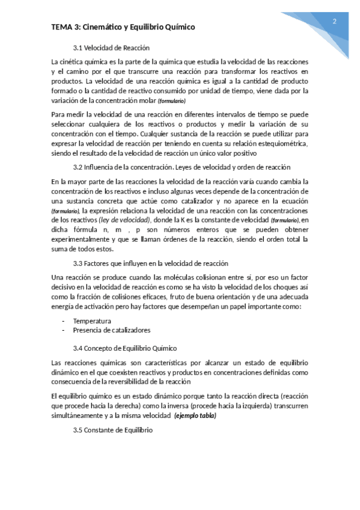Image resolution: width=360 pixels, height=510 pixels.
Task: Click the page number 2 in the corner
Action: tap(334, 22)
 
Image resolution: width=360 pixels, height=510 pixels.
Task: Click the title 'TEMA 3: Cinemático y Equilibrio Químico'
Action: tap(123, 27)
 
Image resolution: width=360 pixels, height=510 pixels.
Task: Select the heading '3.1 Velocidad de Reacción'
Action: tap(111, 48)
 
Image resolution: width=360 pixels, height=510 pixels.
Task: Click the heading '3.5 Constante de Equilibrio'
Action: tap(113, 430)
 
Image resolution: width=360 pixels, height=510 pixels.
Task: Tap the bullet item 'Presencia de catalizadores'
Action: tap(111, 330)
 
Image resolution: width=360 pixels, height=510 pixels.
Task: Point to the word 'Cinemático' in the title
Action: tap(102, 27)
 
